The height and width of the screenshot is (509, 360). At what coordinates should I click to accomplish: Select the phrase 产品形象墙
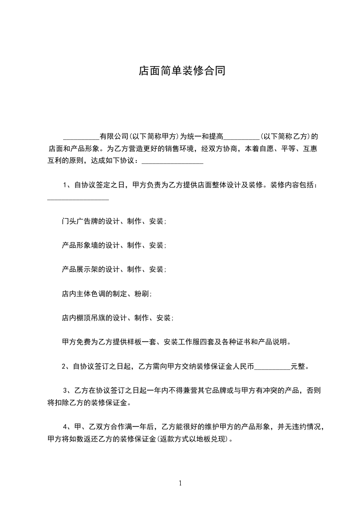[x=76, y=245]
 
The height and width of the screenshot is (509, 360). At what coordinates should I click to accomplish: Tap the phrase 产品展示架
[x=76, y=269]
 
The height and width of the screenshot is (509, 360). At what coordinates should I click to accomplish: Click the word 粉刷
[x=142, y=294]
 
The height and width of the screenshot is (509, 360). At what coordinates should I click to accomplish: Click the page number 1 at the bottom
[x=180, y=483]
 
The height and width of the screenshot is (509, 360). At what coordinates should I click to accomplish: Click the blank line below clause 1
[x=78, y=198]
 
